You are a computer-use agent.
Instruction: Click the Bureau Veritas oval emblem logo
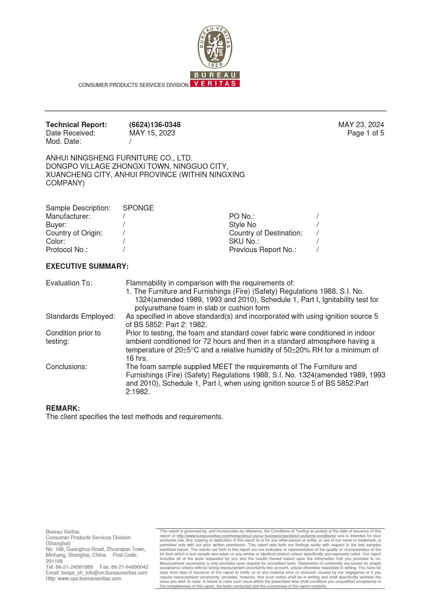(215, 47)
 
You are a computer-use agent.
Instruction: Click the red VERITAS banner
(215, 83)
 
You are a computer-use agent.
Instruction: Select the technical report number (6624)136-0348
(155, 125)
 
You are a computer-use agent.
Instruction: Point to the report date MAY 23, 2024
(361, 125)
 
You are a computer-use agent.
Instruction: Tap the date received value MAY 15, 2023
(152, 133)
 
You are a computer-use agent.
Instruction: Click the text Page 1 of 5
(365, 133)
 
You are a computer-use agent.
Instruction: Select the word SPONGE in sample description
(138, 208)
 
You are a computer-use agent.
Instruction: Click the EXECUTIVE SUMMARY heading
(87, 266)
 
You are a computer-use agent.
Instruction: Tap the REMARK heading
(63, 408)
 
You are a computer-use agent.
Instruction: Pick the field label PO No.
(242, 216)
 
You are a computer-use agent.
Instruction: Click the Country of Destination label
(265, 233)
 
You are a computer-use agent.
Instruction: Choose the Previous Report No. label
(262, 250)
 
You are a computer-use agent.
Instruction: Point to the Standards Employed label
(80, 316)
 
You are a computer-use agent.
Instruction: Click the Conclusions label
(66, 367)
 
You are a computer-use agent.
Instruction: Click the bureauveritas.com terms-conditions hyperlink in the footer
(256, 535)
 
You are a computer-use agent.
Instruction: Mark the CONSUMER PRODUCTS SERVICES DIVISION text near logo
(133, 85)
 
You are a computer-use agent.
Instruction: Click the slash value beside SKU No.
(318, 241)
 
